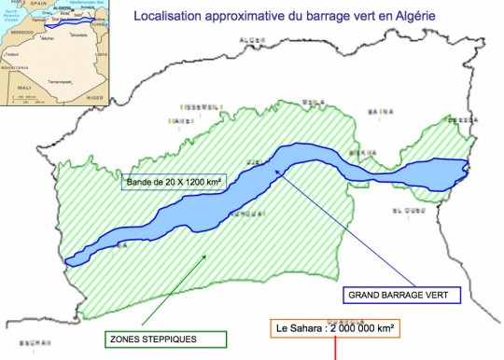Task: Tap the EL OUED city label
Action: coord(408,211)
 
